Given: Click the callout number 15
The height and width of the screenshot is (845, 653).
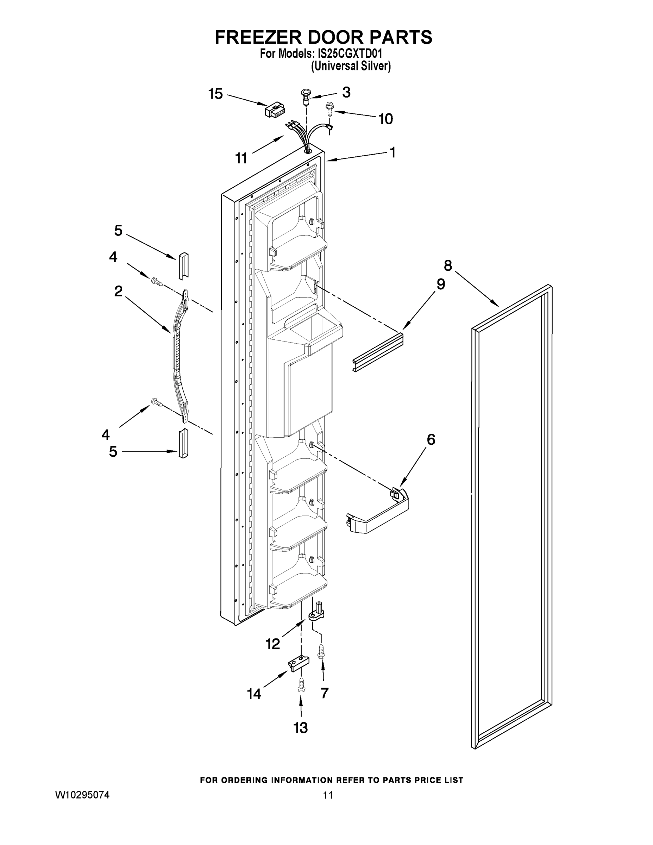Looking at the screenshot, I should (215, 94).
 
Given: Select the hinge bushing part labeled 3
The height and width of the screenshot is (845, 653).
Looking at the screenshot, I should (306, 96).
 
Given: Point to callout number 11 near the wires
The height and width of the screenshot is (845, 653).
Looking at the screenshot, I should (241, 158).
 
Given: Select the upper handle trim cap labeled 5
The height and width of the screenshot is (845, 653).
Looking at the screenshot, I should (183, 265).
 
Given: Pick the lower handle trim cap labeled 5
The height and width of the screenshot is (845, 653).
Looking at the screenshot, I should (183, 443).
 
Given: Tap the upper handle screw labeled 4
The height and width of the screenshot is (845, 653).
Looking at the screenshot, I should (156, 281).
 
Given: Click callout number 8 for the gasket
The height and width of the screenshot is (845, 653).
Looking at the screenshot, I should (447, 266).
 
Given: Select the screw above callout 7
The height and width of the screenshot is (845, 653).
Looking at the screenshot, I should (321, 651).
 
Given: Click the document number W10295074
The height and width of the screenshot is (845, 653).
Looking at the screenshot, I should (82, 795).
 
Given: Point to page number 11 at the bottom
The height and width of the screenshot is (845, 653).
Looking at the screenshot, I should (328, 795).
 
